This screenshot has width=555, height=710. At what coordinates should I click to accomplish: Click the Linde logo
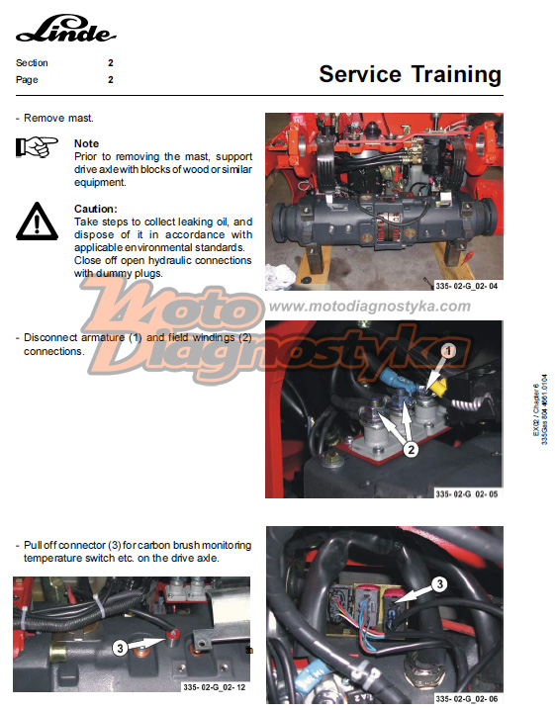tap(66, 28)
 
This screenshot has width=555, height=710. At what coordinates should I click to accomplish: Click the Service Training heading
tap(410, 74)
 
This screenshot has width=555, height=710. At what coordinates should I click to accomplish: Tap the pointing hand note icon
tap(38, 146)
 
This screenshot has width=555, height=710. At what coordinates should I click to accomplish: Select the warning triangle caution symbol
tap(38, 222)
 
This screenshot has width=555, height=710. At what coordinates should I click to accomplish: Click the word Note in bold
tap(86, 143)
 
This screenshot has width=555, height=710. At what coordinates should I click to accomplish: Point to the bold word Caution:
tap(96, 209)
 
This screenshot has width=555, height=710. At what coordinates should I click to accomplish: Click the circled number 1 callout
tap(448, 351)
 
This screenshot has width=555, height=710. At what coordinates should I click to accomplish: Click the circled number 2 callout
tap(411, 450)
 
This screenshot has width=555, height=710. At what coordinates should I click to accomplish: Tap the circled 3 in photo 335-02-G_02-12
tap(120, 648)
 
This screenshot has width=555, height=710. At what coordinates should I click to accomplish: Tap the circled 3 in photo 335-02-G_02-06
tap(440, 584)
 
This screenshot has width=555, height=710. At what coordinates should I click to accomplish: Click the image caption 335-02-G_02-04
tap(466, 286)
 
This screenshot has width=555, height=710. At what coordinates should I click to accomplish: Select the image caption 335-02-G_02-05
tap(466, 493)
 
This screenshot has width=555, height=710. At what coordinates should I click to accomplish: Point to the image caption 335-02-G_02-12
tap(214, 687)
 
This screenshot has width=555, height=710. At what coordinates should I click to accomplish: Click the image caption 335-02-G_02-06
tap(466, 699)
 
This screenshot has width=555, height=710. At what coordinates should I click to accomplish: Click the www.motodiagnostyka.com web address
tap(370, 307)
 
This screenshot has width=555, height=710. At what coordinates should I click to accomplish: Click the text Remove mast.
tap(58, 119)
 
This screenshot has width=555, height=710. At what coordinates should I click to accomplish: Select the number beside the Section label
tap(111, 63)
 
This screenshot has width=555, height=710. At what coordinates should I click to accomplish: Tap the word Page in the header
tap(27, 80)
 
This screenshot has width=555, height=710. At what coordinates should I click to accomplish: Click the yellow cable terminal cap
tap(438, 387)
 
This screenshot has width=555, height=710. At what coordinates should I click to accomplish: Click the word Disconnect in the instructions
tap(50, 337)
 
